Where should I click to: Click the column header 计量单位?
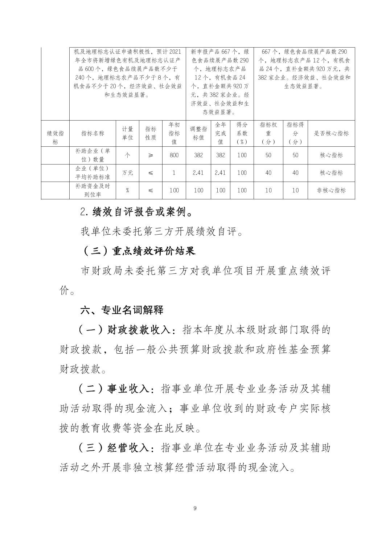tap(127, 133)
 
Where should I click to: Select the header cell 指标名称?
tap(93, 133)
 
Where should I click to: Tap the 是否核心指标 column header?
tap(331, 133)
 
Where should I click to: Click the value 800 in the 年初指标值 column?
tap(174, 155)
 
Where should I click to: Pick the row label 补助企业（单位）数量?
tap(93, 155)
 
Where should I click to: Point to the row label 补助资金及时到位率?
tap(93, 190)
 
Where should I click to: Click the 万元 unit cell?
tap(127, 173)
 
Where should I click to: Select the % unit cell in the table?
tap(127, 190)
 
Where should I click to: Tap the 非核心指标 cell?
tap(331, 190)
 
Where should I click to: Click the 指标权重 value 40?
tap(268, 173)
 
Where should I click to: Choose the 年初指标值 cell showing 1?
tap(174, 173)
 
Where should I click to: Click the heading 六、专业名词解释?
tap(122, 310)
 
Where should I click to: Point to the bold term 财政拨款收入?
tap(139, 330)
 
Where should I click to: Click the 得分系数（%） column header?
tap(242, 133)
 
